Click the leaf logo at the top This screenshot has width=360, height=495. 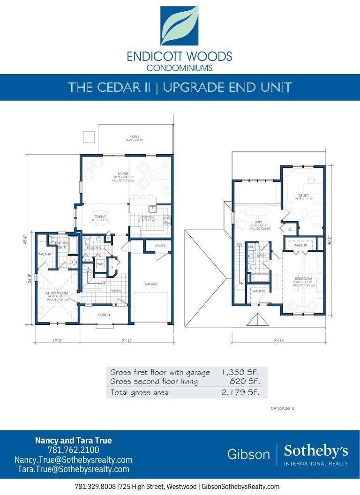click(x=180, y=26)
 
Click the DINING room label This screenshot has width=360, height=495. click(x=100, y=217)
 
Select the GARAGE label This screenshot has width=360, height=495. click(x=151, y=284)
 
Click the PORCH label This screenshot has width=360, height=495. click(x=104, y=315)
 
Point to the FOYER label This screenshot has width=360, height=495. click(x=115, y=291)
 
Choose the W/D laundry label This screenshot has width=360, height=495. click(x=100, y=264)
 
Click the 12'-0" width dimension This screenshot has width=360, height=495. click(x=57, y=341)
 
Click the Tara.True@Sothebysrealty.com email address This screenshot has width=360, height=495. click(x=73, y=469)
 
